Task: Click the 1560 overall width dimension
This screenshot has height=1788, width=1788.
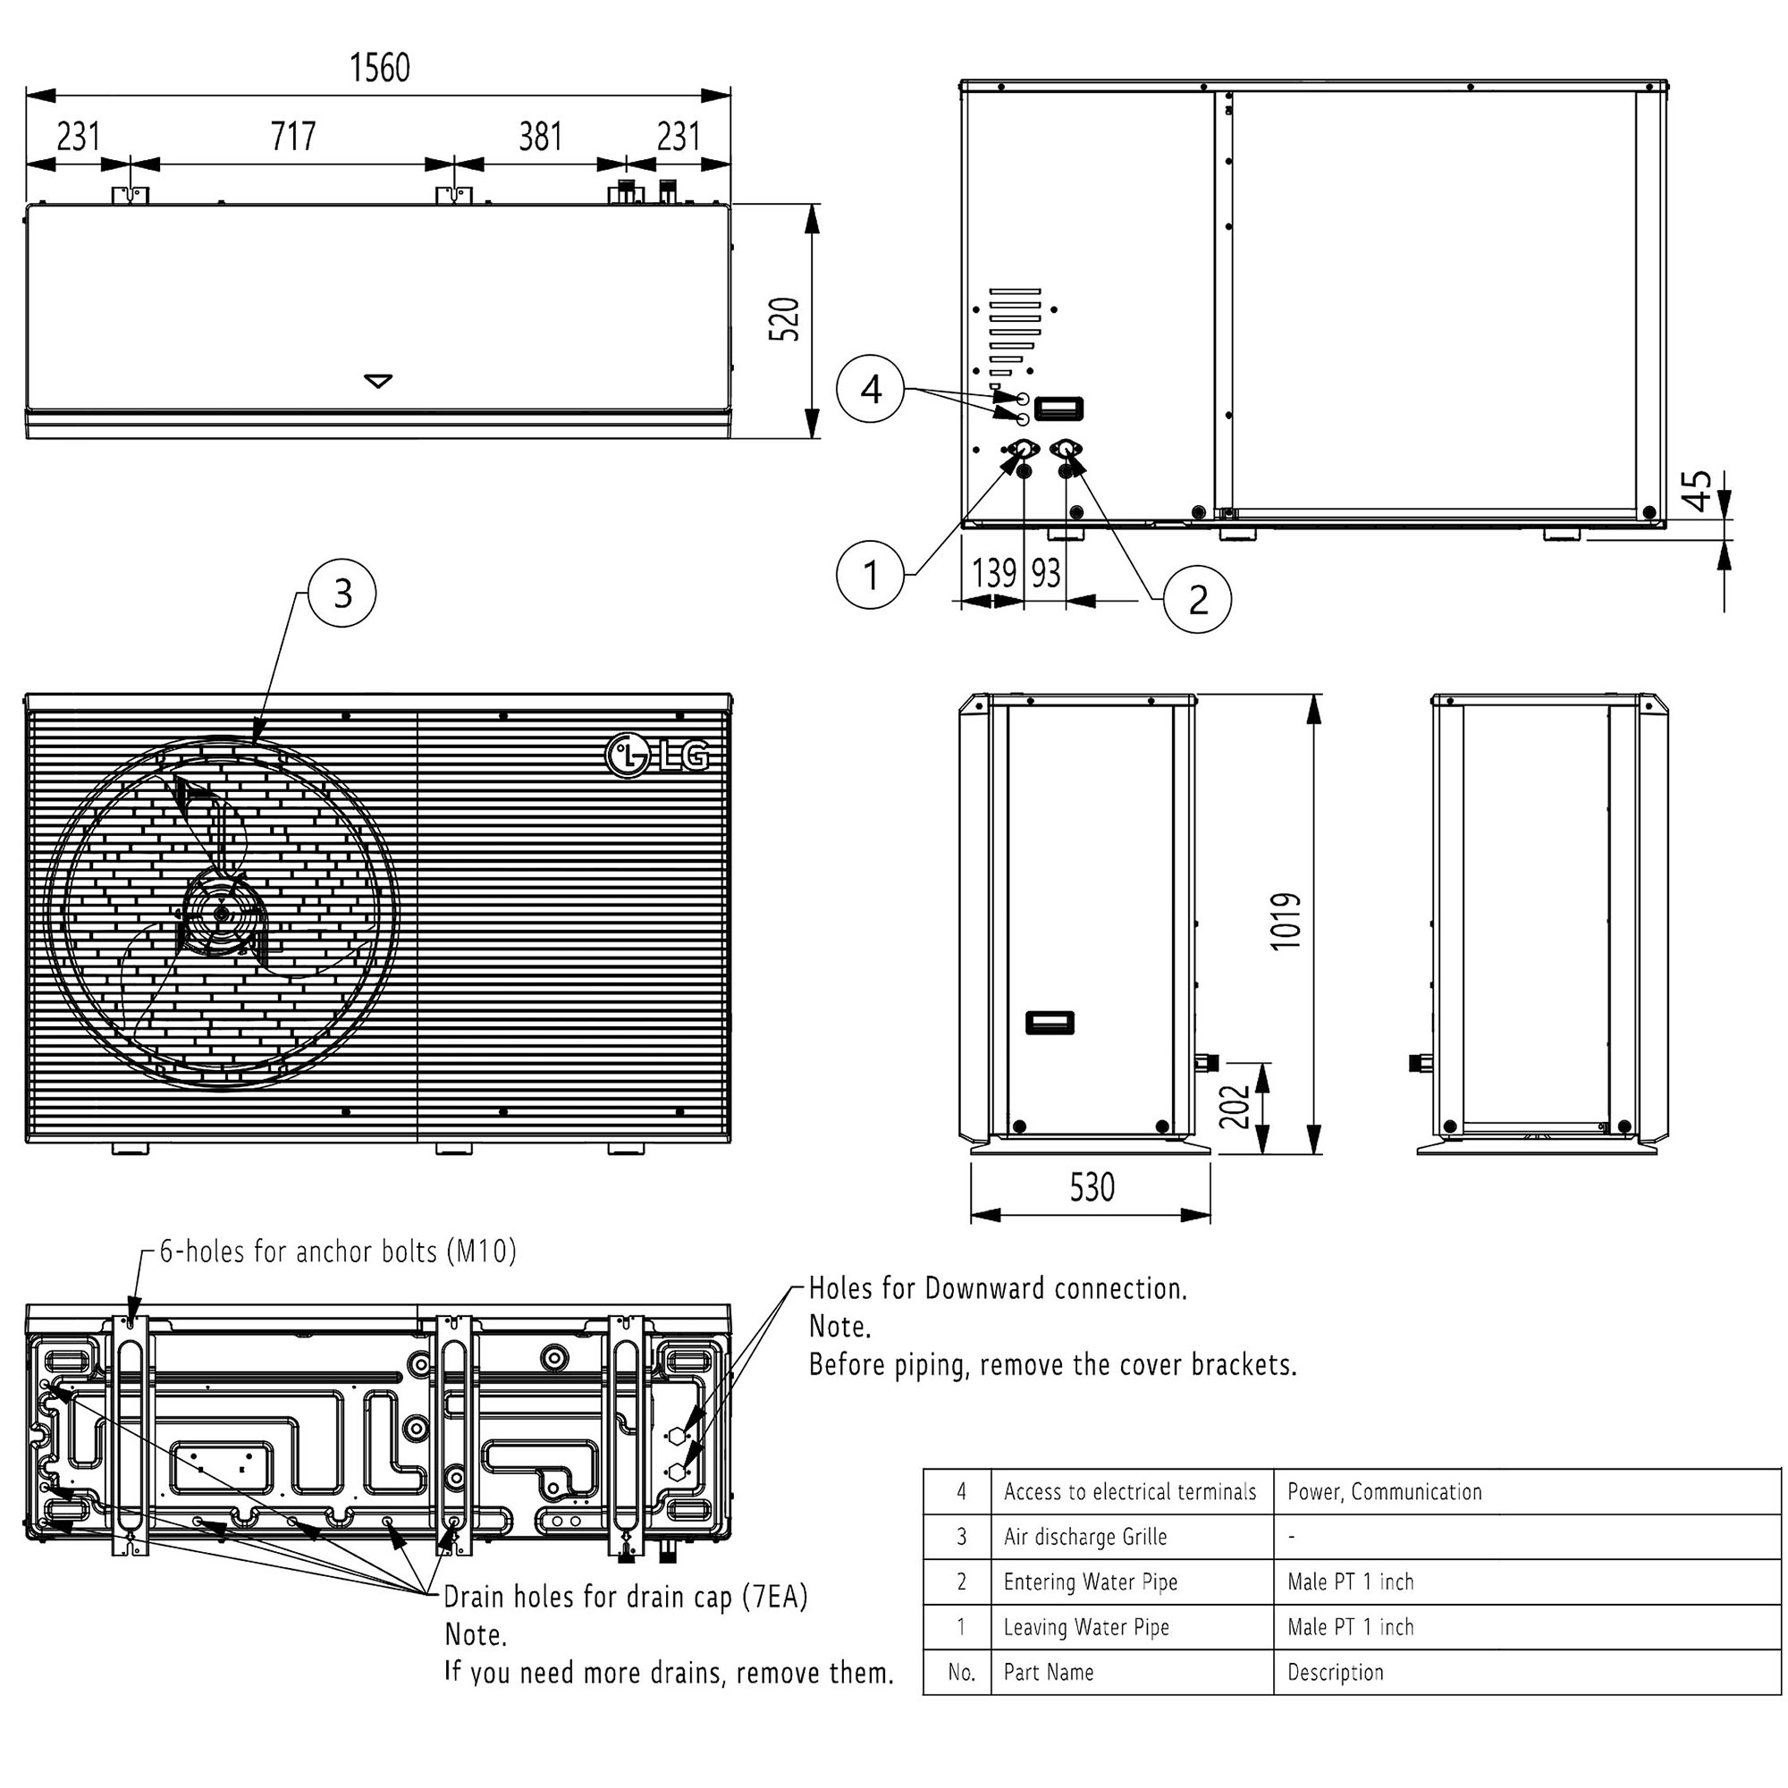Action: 379,68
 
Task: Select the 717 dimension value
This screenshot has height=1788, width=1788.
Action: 293,137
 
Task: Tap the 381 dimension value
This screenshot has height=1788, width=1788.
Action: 541,137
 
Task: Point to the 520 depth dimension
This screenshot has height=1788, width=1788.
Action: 785,319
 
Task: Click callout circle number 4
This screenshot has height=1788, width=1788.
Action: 870,390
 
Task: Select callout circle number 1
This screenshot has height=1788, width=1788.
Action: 870,575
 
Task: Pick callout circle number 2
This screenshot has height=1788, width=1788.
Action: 1198,600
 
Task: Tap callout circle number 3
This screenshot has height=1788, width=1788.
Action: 342,594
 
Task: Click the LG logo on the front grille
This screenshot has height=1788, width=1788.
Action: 658,756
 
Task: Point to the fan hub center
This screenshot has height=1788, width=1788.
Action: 222,914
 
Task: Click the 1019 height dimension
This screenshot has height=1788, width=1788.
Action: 1286,921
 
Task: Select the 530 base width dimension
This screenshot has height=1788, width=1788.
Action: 1092,1187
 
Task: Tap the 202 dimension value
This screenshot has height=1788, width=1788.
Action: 1235,1107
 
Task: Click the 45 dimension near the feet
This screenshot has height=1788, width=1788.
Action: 1699,491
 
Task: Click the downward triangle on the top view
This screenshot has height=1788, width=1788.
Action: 378,380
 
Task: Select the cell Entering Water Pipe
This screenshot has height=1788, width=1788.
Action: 1090,1581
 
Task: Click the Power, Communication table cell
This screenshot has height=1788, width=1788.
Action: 1385,1492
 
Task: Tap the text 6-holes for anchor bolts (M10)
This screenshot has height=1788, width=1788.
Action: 338,1252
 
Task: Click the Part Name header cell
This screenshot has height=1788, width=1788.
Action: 1049,1673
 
